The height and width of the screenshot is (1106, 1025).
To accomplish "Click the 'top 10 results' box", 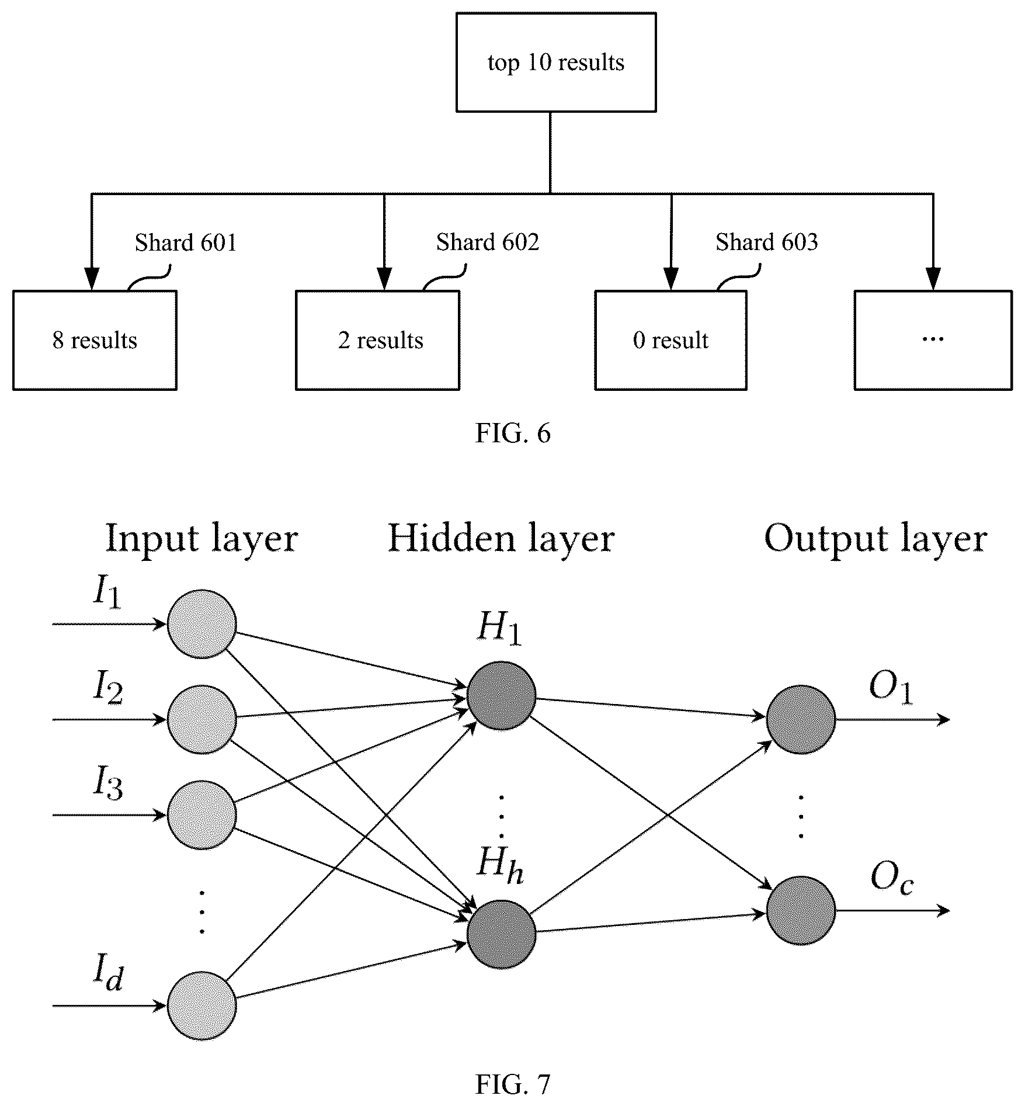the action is [555, 63].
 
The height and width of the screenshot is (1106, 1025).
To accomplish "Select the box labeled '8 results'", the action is [95, 340].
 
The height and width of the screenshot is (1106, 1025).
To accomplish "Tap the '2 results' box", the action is [378, 340].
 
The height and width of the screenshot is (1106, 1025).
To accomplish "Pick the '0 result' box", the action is [670, 340].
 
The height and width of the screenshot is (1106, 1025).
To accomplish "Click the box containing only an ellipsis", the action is [933, 340].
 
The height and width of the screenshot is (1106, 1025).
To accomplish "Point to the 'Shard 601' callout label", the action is [186, 242].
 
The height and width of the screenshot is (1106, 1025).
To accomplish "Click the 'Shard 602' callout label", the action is [488, 242].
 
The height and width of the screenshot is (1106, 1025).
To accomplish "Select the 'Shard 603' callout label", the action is [767, 242].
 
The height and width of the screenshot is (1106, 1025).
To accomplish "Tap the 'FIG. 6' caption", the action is [513, 434].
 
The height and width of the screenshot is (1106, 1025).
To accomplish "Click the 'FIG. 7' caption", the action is [513, 1084].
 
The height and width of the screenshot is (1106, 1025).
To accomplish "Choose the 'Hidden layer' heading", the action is [501, 538].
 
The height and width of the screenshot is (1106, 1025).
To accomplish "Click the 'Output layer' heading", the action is [875, 538].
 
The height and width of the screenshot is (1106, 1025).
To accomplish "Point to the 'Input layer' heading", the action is [201, 538].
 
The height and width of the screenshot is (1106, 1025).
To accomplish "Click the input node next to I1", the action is [201, 624].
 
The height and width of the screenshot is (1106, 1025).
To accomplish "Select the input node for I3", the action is [201, 815].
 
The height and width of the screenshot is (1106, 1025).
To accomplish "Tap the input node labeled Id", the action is [201, 1006].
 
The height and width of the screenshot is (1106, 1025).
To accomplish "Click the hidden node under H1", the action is [501, 696].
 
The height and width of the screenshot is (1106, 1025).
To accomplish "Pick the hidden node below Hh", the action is [501, 934].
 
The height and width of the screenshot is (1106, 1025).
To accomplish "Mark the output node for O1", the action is [800, 720].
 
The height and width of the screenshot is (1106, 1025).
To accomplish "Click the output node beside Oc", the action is [800, 910].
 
